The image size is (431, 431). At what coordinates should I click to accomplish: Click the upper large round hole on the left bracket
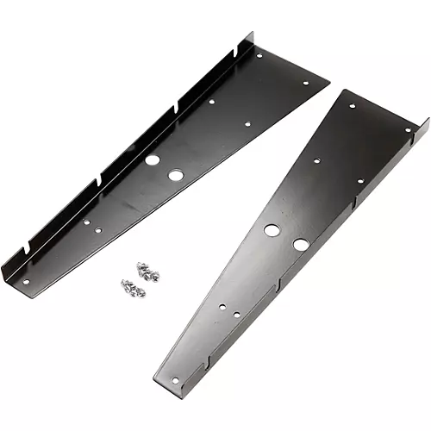(152, 159)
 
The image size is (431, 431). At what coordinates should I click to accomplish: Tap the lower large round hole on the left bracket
(175, 175)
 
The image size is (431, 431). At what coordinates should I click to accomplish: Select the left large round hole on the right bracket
(272, 230)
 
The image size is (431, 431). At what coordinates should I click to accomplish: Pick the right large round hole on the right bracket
(300, 245)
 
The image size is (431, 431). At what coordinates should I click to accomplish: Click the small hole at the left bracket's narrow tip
(25, 281)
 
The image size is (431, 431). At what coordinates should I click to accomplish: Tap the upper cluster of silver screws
(147, 272)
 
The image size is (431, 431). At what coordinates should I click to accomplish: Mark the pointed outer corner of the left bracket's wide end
(329, 84)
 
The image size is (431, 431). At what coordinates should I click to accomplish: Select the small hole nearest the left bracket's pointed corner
(306, 83)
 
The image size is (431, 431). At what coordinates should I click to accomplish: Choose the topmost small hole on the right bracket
(352, 106)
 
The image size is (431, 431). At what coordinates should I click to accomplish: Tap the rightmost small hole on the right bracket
(407, 129)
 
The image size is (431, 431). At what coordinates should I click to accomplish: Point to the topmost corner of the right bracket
(345, 90)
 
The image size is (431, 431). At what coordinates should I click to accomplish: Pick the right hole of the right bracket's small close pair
(237, 314)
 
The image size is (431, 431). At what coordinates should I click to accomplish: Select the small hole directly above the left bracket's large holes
(212, 101)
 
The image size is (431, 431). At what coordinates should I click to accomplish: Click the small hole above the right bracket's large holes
(317, 159)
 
